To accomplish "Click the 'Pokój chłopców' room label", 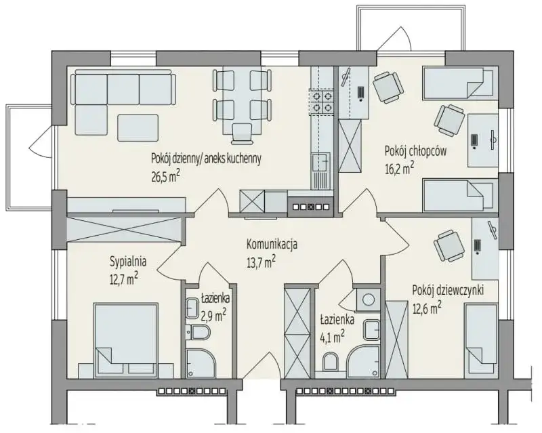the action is coord(415,152).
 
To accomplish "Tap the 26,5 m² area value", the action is coord(165,177).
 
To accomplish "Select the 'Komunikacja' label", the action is coord(272,245).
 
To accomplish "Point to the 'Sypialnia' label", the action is coord(128,262).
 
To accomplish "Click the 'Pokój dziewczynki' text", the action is coord(448,291).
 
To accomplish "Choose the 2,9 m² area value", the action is coord(213,315).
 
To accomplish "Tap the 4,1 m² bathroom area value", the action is coord(332,335).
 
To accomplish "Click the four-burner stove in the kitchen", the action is coord(321,102).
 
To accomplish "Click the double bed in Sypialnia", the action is coord(126,340).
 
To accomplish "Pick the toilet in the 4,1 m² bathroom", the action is coord(331,361).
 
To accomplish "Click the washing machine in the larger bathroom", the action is coord(367,298).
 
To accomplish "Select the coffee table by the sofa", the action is coord(138,127).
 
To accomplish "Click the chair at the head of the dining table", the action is coord(242,133).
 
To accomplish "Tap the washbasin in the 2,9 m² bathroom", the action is coord(192,308).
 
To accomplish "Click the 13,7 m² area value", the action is coord(261,262).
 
